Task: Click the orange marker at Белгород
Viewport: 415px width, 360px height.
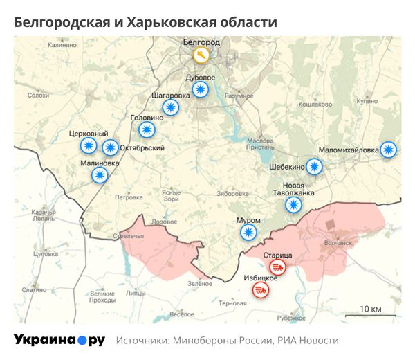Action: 201,55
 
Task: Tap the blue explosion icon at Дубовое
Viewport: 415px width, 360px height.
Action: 201,89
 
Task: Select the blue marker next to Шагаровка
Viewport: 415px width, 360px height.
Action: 170,107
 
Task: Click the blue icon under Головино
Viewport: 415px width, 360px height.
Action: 147,129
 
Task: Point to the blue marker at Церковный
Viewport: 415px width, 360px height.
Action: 89,145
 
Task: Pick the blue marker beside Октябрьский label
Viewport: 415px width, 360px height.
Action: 110,147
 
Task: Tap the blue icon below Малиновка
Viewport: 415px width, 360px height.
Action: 100,175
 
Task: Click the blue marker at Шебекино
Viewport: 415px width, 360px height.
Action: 315,166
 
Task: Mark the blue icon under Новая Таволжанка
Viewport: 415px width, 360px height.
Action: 294,204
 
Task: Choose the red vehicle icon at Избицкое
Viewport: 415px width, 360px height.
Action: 261,289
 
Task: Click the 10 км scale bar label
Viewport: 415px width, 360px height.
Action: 371,308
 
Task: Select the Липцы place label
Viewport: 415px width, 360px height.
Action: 136,293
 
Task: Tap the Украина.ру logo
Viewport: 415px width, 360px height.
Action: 59,341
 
